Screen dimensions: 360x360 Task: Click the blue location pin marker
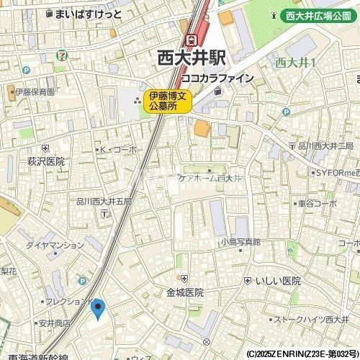[99, 310]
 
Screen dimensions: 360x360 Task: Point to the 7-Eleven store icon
[65, 53]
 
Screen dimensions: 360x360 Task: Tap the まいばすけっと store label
[85, 14]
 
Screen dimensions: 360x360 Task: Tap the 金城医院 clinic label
[185, 292]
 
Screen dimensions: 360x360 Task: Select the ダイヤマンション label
[55, 245]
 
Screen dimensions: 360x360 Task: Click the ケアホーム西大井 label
[213, 177]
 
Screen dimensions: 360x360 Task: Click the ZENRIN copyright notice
[302, 354]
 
